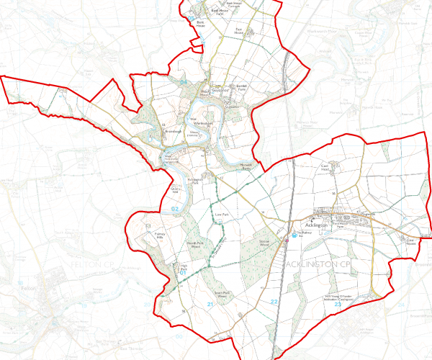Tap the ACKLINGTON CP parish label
tap(318, 267)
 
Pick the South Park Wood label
tap(222, 294)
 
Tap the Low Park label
tap(221, 214)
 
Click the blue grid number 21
tap(210, 306)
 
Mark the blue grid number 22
tap(274, 302)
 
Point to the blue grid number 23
tap(337, 306)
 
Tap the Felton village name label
tap(29, 288)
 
